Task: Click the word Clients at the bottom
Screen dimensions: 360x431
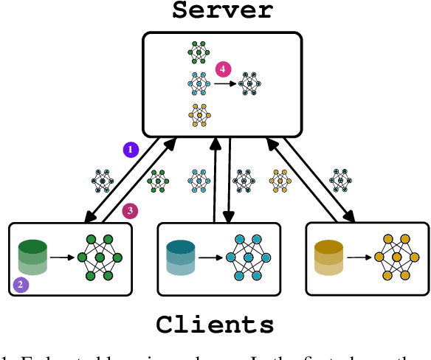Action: click(x=215, y=325)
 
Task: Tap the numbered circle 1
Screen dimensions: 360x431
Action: click(x=131, y=150)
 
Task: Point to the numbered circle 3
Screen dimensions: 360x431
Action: click(x=130, y=211)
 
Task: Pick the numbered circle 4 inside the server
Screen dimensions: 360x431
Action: click(x=222, y=69)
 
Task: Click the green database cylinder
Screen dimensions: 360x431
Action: click(x=32, y=256)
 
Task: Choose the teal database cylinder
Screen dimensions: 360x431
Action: click(x=180, y=257)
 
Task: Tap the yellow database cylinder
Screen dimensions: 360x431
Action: click(x=328, y=257)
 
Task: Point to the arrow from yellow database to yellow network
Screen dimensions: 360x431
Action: click(x=358, y=258)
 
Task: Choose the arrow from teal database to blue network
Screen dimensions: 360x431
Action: click(x=210, y=258)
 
